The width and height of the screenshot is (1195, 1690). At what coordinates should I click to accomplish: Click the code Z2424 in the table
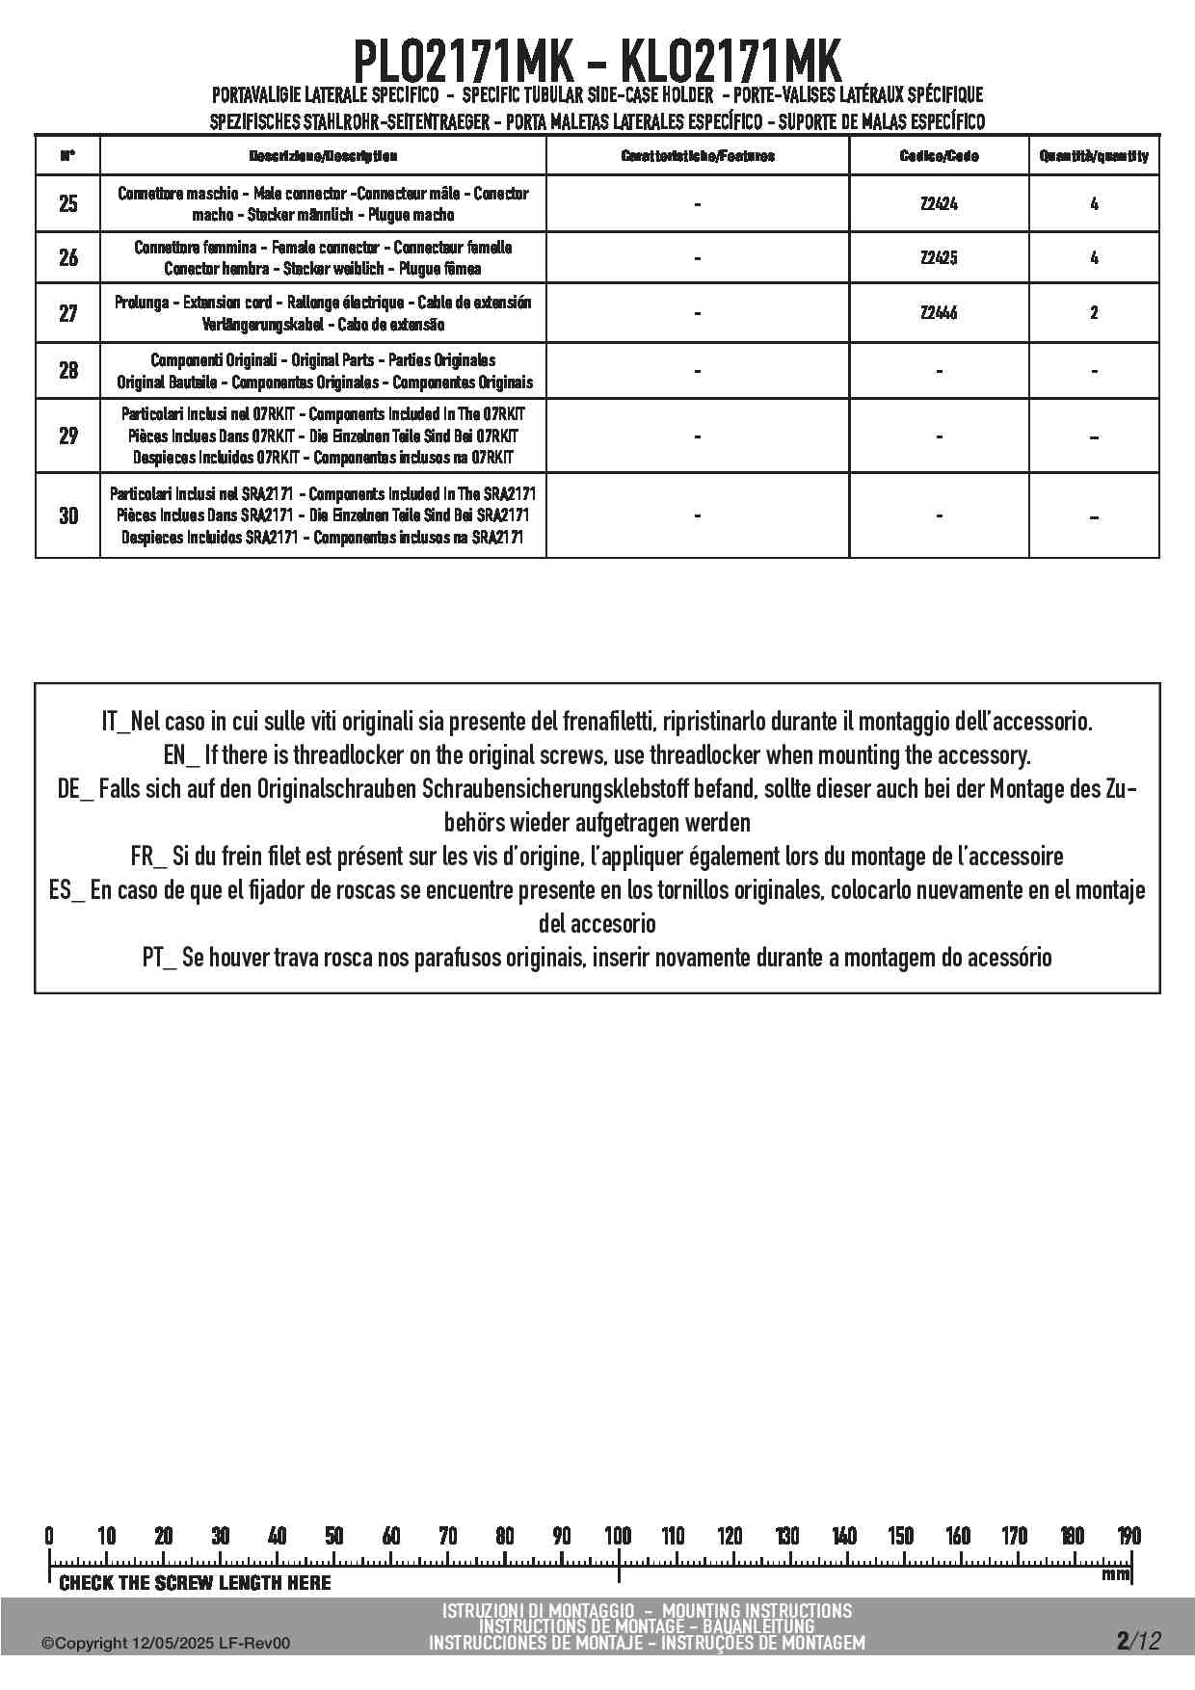[939, 204]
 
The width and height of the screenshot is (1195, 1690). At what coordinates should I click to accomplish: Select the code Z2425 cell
[939, 258]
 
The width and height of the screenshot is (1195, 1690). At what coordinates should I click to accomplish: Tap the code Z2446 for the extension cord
[939, 313]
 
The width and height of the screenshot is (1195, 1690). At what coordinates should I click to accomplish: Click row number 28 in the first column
[68, 371]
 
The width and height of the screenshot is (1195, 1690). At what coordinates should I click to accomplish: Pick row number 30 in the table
[68, 515]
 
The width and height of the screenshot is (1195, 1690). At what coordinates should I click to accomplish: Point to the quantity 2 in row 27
[1094, 313]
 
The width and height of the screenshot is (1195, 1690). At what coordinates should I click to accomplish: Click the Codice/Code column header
[939, 156]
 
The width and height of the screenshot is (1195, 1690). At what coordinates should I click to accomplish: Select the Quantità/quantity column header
[1094, 156]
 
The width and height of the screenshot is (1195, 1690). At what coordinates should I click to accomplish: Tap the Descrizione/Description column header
[323, 156]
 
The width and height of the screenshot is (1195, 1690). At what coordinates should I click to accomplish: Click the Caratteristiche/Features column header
[698, 156]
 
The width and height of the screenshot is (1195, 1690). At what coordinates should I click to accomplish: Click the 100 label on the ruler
[618, 1536]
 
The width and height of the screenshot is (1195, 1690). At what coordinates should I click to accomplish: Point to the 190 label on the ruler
[1129, 1536]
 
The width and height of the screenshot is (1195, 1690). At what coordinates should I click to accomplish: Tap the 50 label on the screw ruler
[333, 1536]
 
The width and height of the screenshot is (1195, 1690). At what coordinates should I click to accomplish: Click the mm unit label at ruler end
[1115, 1575]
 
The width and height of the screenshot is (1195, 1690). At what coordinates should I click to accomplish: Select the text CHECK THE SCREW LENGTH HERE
[195, 1583]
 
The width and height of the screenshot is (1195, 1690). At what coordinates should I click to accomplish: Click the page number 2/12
[1138, 1640]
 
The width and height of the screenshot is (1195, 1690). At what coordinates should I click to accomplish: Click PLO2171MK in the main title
[465, 63]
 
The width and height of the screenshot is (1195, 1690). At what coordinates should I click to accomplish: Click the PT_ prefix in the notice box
[159, 958]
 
